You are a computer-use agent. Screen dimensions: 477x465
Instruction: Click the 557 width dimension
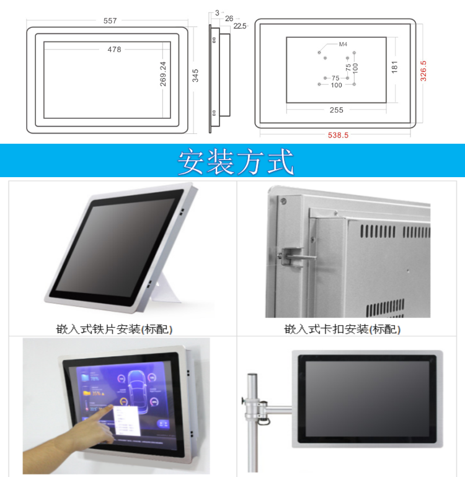[110, 21]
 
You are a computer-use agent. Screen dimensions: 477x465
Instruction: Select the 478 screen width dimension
[114, 50]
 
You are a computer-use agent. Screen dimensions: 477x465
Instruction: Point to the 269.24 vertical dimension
[163, 73]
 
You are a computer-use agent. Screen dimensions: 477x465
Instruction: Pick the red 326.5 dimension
[423, 71]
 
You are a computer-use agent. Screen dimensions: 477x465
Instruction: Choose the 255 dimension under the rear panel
[337, 110]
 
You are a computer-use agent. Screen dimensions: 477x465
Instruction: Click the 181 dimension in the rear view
[394, 68]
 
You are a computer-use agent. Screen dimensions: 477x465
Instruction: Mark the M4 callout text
[342, 45]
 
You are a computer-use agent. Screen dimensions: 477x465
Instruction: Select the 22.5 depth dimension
[240, 26]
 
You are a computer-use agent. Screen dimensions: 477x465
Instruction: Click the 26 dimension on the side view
[229, 19]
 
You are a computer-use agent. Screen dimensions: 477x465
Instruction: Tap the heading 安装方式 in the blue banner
[236, 162]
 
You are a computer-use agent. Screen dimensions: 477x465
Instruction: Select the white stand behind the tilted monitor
[166, 291]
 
